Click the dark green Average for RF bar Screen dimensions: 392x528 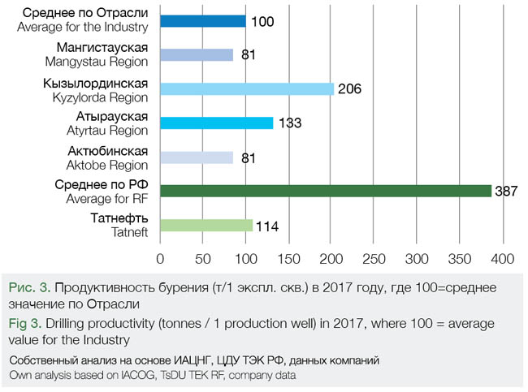[325, 191]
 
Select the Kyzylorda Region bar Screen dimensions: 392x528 [247, 88]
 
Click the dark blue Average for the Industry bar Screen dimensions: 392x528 [202, 20]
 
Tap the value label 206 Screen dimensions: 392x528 [348, 89]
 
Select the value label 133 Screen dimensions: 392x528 [289, 123]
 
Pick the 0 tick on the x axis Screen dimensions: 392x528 [160, 259]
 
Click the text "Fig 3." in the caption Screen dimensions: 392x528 [26, 324]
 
